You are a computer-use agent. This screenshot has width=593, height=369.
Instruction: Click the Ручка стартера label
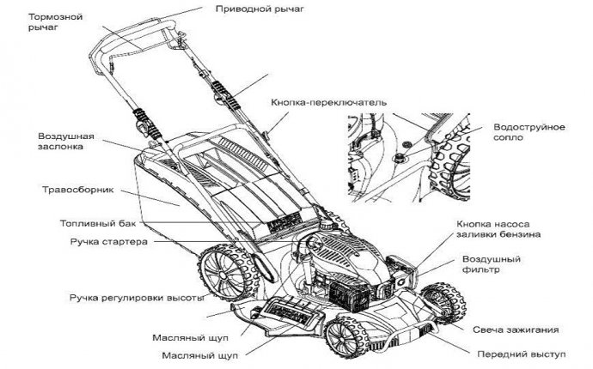tap(108, 242)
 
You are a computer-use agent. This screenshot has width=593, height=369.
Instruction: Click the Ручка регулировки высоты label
tap(136, 297)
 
